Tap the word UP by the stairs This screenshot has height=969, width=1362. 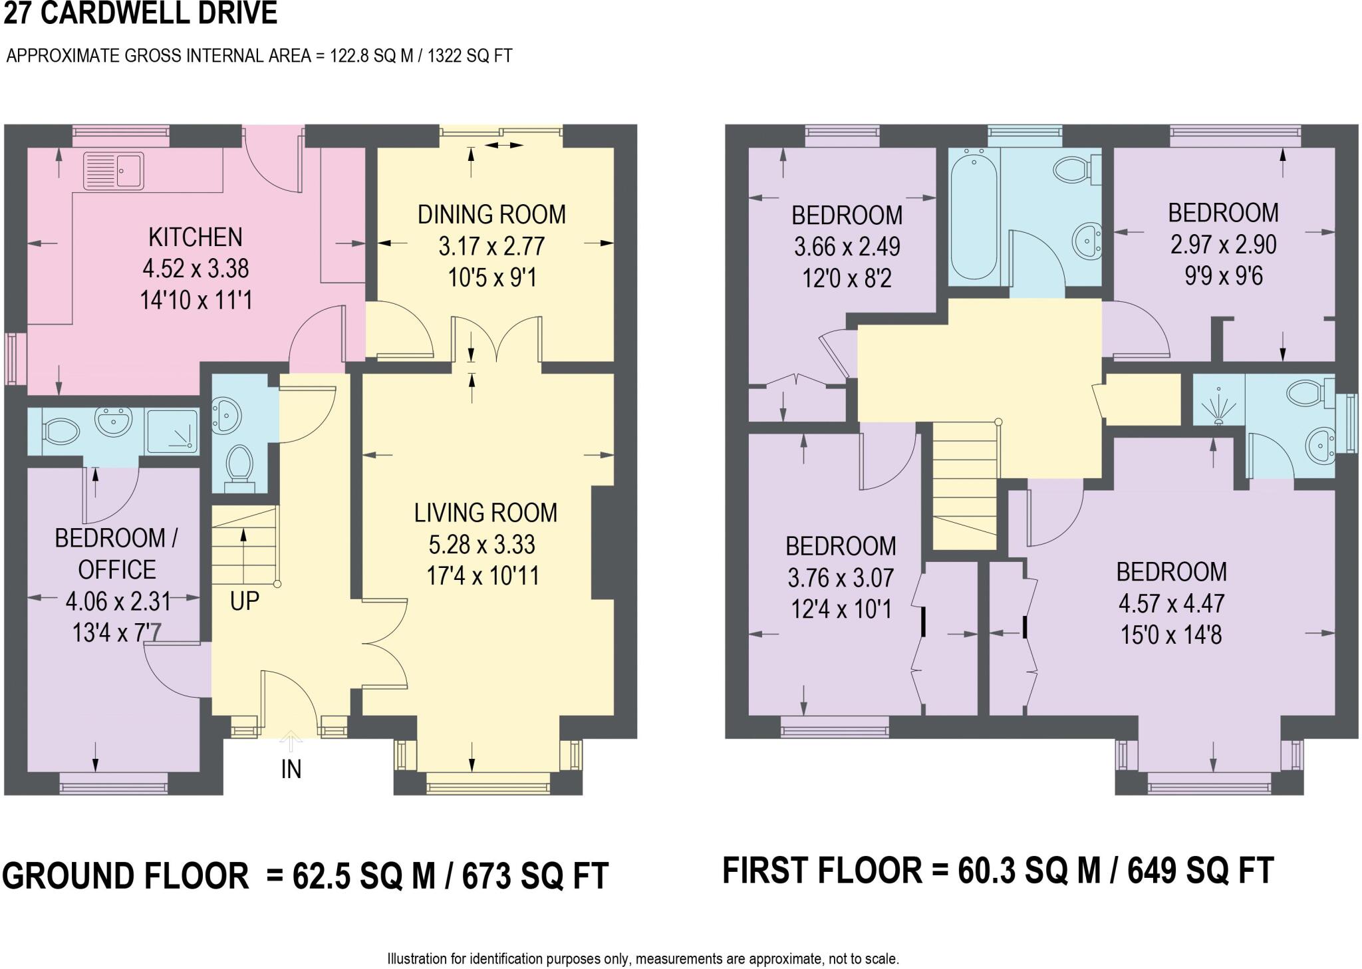[244, 601]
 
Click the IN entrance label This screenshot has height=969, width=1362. [291, 769]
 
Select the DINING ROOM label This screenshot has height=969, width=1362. [491, 214]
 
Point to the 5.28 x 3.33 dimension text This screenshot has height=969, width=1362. [481, 544]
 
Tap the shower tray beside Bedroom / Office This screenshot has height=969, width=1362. [172, 431]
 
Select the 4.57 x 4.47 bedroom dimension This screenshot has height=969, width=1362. [1171, 603]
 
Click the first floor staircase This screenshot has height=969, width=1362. [965, 485]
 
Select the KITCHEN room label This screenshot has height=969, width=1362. [195, 237]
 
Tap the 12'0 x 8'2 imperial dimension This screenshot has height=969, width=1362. [847, 278]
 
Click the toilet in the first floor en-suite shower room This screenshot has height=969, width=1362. [1307, 393]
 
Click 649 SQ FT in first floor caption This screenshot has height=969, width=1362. [1200, 871]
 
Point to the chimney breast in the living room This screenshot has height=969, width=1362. [603, 542]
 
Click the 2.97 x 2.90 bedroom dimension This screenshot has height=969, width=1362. [1223, 244]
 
